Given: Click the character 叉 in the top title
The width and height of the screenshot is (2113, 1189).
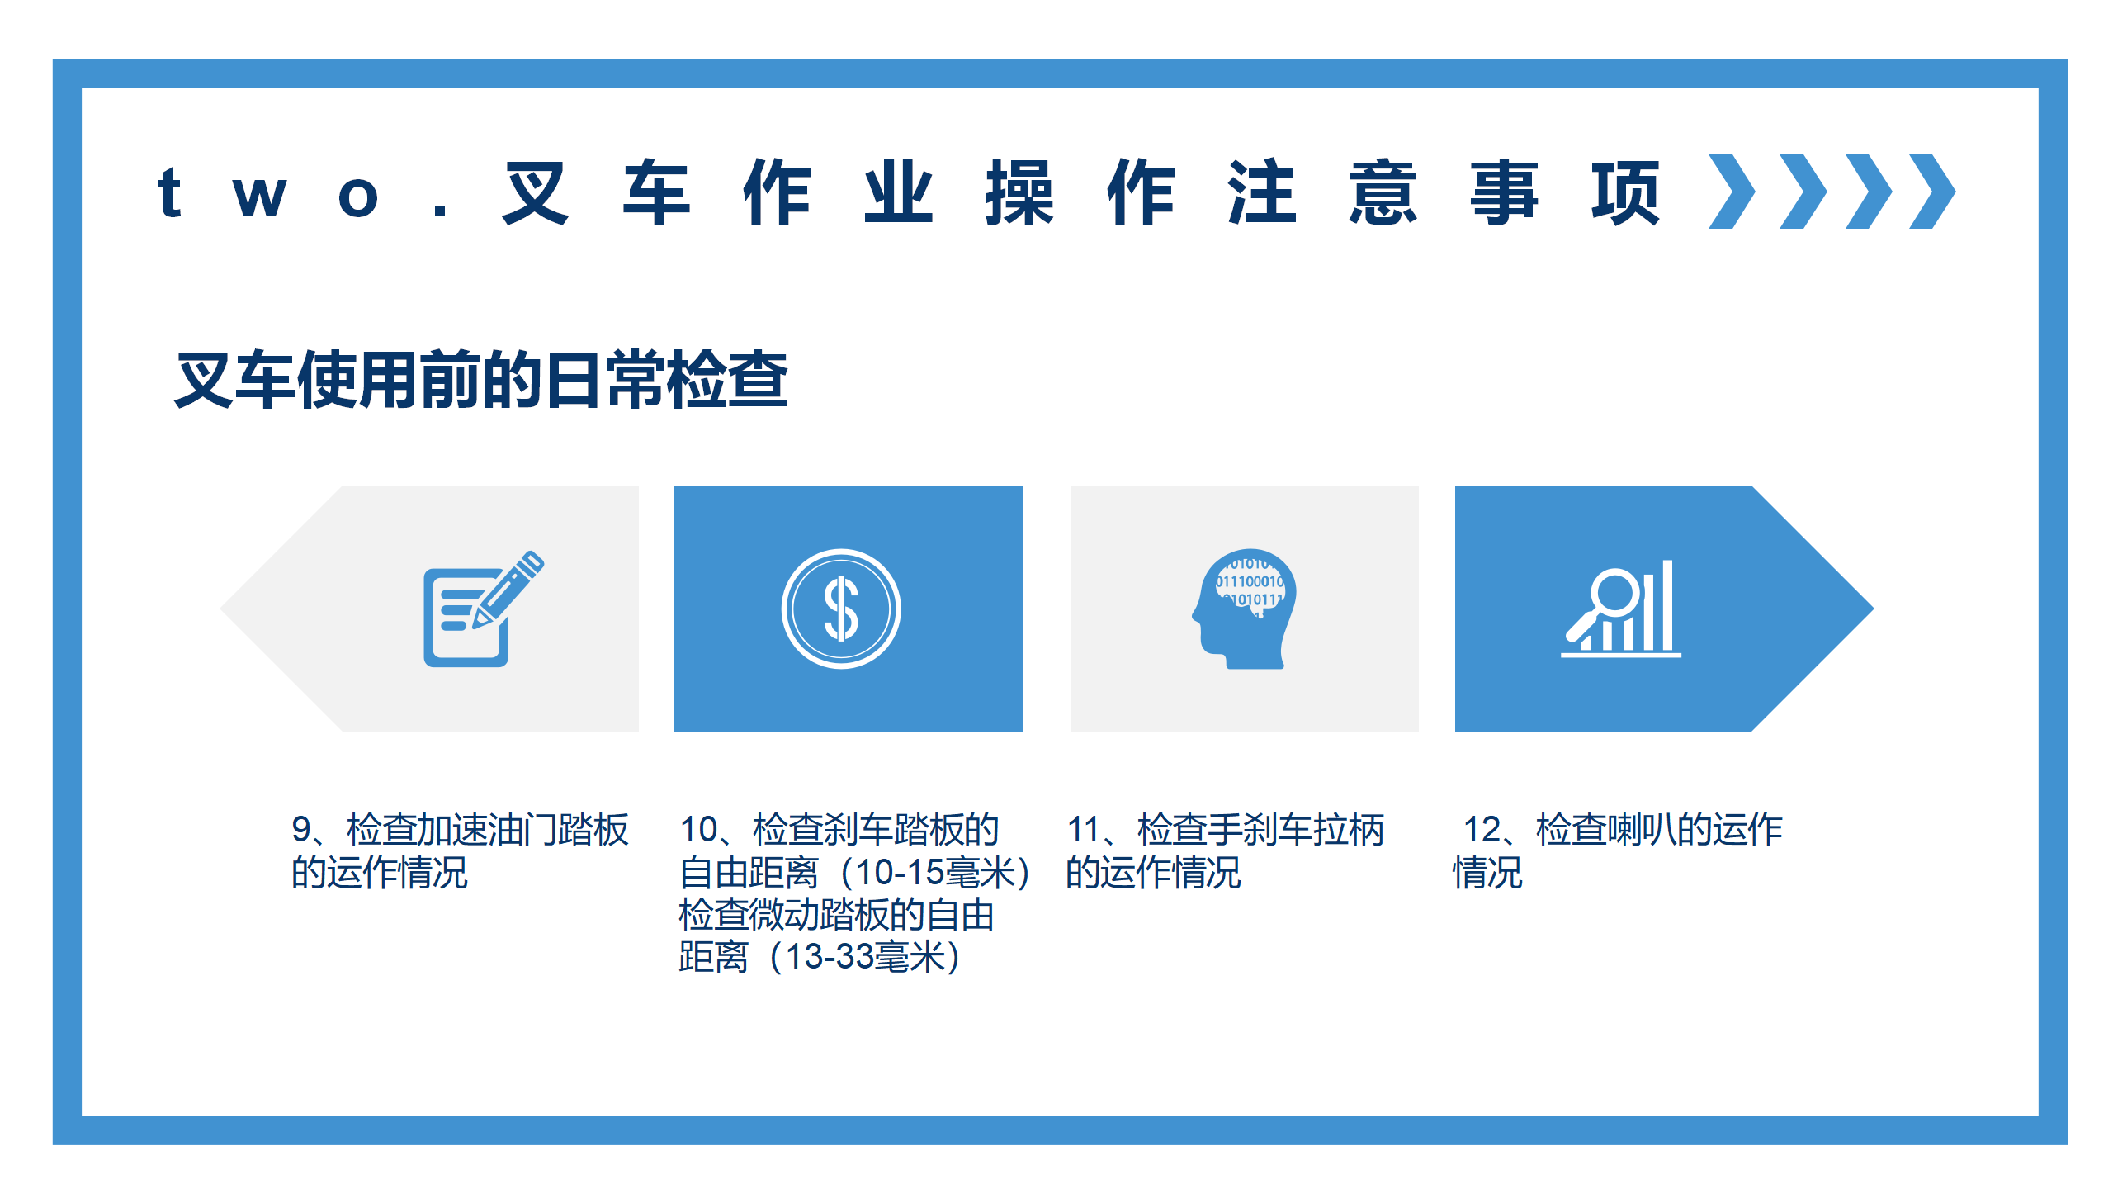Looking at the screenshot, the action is tap(537, 192).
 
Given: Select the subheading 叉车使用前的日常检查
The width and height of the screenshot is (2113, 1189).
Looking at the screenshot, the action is tap(482, 380).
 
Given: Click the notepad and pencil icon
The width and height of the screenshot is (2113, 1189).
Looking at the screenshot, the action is tap(484, 609).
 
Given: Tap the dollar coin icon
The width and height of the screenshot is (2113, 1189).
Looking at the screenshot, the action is tap(841, 609).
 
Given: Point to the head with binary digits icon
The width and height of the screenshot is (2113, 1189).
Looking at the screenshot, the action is tap(1244, 609).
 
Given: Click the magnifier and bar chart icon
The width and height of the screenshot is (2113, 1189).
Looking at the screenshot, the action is tap(1620, 609).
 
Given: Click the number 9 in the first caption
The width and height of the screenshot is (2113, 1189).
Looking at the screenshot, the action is tap(301, 830).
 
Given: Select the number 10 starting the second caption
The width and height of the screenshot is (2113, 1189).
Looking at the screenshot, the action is tap(699, 830).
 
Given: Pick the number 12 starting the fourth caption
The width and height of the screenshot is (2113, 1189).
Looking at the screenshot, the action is tap(1482, 830).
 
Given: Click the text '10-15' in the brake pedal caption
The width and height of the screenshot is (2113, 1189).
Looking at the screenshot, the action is tap(899, 873).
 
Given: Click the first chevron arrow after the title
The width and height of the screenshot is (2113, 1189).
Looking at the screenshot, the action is tap(1732, 192).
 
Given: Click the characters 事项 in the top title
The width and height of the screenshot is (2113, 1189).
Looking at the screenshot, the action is tap(1565, 192).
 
